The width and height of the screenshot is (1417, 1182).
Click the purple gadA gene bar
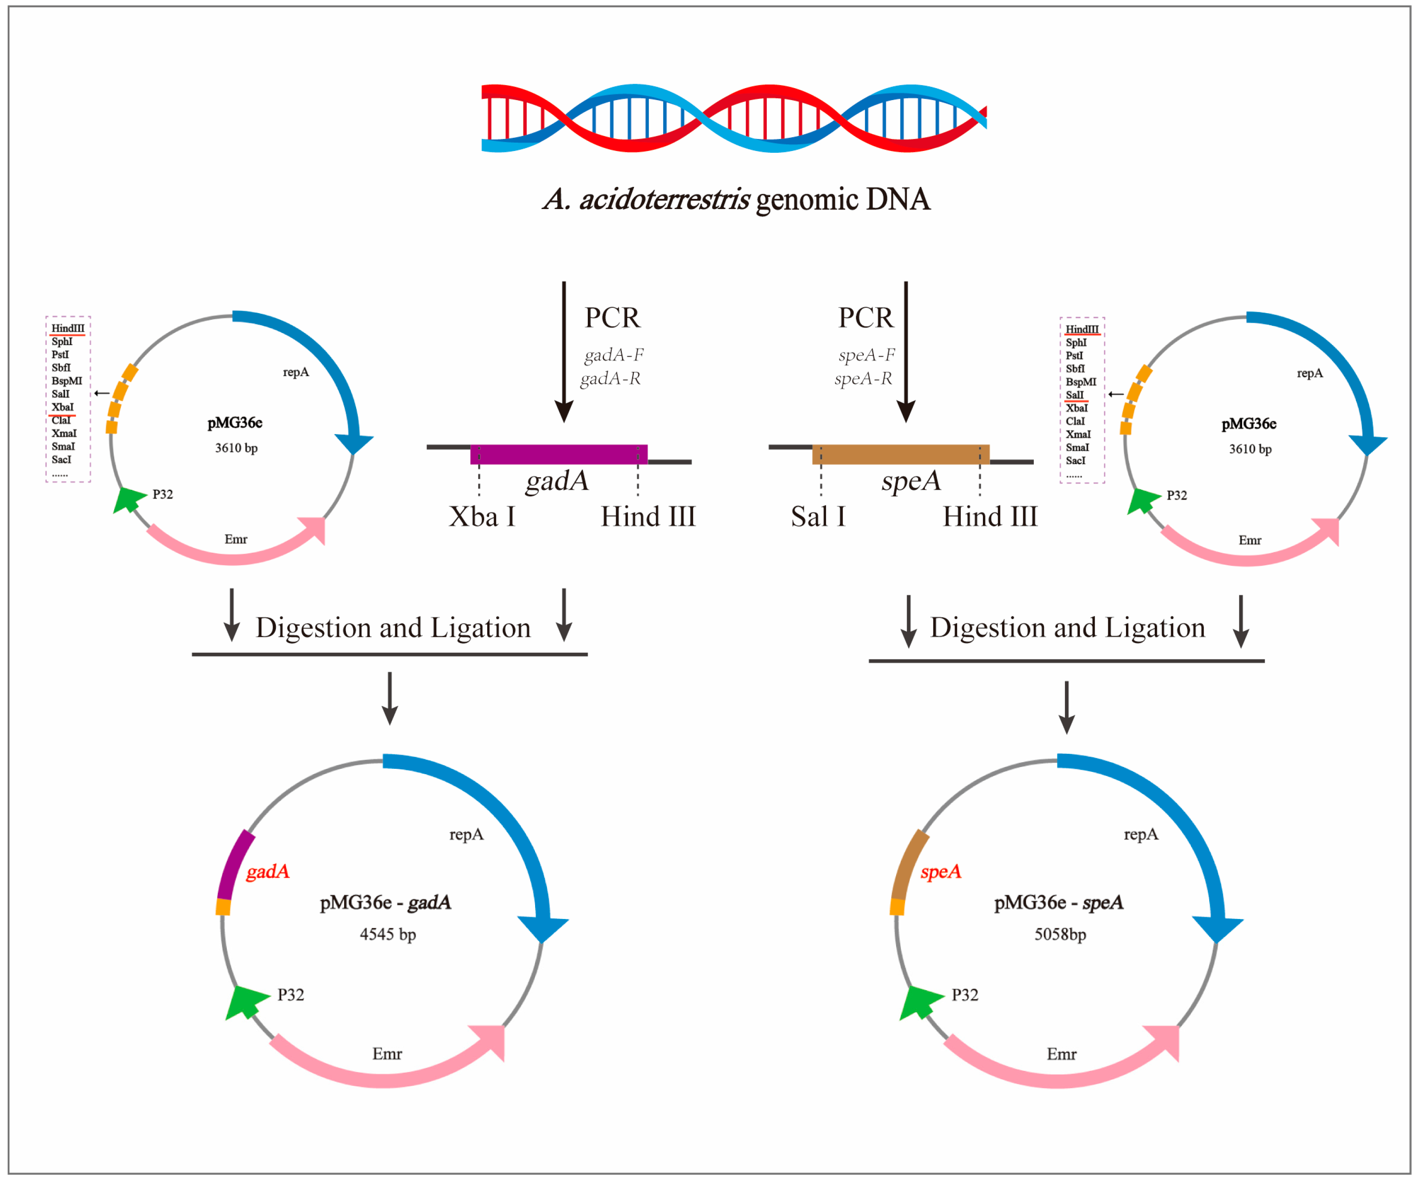coord(559,454)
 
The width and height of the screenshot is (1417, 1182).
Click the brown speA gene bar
coord(901,454)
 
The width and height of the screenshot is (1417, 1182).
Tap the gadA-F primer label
coord(614,354)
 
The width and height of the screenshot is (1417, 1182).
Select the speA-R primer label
coord(863,379)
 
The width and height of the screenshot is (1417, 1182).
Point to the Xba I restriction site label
coord(482,517)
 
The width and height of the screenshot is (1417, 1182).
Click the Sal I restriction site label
coord(818,517)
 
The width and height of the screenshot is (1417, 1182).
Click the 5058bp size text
coord(1060,934)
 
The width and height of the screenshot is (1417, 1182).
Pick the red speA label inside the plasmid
coord(941,872)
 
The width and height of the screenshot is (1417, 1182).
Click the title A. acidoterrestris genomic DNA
coord(736,199)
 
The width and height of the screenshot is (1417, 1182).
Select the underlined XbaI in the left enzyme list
coord(62,407)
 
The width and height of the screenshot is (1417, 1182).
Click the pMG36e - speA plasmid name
coord(1059,902)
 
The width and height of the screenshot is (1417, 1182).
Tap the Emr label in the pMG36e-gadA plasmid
coord(387,1054)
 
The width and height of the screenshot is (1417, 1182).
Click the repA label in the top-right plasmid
coord(1310,373)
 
